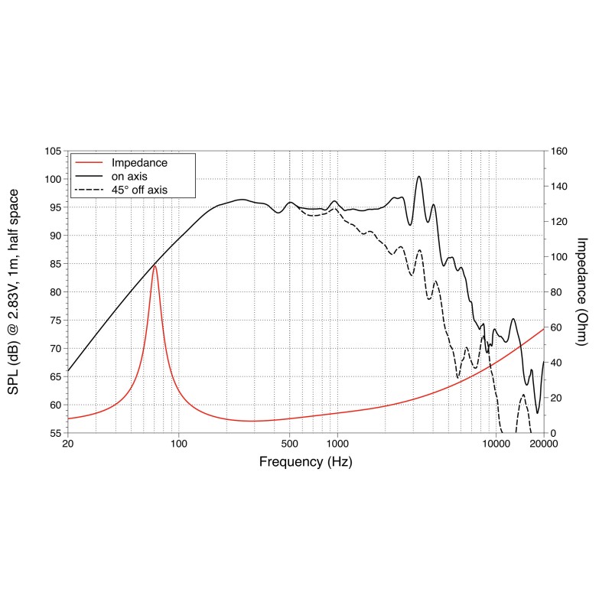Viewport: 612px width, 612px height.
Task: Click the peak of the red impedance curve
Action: (x=155, y=265)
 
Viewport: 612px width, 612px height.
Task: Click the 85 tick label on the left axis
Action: (x=54, y=264)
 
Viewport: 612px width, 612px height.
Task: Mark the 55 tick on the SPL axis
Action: (x=54, y=433)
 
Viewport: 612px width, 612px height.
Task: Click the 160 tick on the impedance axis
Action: (x=559, y=151)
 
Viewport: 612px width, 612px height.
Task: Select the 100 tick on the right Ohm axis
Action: (x=559, y=257)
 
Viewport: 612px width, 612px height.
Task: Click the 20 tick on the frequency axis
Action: (x=68, y=444)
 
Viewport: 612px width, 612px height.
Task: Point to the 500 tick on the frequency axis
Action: (x=290, y=444)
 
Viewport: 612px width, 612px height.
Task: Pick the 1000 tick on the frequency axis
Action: (x=337, y=444)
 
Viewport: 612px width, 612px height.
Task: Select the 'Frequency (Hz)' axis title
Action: (x=306, y=462)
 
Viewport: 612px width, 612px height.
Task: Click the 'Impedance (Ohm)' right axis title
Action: (x=581, y=291)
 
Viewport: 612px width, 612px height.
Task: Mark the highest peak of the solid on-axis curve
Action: (x=419, y=177)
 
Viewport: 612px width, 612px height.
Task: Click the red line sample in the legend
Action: (x=90, y=163)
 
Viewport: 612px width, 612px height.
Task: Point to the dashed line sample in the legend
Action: (x=90, y=189)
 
